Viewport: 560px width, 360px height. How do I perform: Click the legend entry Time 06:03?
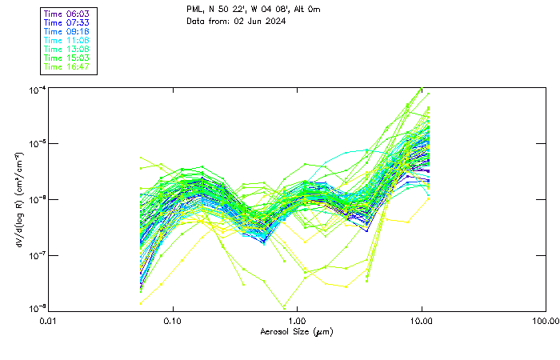click(67, 14)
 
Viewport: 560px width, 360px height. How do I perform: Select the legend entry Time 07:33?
click(67, 22)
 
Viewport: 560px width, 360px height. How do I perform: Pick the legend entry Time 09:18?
click(67, 31)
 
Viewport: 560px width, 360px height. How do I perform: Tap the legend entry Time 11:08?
click(67, 40)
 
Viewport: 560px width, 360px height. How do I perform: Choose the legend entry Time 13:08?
click(67, 49)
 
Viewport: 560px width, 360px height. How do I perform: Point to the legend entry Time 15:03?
click(67, 58)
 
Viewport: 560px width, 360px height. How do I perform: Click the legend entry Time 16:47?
click(67, 66)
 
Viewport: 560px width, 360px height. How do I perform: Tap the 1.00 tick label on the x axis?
click(297, 321)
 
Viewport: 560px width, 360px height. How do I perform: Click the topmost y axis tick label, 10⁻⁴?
click(38, 90)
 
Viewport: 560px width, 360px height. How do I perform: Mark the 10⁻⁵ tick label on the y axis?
click(38, 144)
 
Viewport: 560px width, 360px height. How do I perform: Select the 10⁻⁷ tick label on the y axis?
click(38, 255)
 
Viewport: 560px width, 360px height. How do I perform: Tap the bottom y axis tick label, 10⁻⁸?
click(38, 309)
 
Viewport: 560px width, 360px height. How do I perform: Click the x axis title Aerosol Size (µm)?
click(297, 331)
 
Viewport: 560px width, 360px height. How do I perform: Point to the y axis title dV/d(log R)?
click(17, 199)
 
